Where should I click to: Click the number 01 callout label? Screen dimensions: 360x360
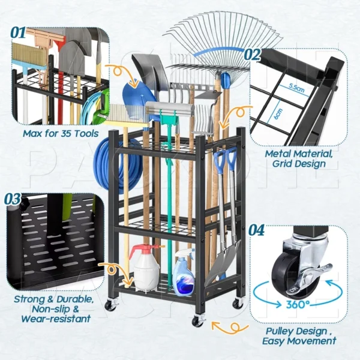[x=18, y=33]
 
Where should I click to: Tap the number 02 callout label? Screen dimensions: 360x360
[x=252, y=55]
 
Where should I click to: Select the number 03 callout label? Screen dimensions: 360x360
[x=13, y=199]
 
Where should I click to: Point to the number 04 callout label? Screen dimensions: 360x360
[x=256, y=230]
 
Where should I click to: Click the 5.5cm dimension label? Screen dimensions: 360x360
[x=296, y=88]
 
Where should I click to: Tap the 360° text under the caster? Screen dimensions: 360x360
[x=298, y=304]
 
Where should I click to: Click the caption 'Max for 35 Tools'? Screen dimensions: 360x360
[x=61, y=133]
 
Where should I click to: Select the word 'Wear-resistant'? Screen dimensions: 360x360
[x=56, y=319]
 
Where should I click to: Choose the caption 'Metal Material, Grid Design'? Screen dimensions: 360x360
[x=299, y=158]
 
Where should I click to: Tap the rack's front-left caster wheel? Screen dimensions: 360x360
[x=110, y=305]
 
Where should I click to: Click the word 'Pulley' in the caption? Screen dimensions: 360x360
[x=280, y=331]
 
